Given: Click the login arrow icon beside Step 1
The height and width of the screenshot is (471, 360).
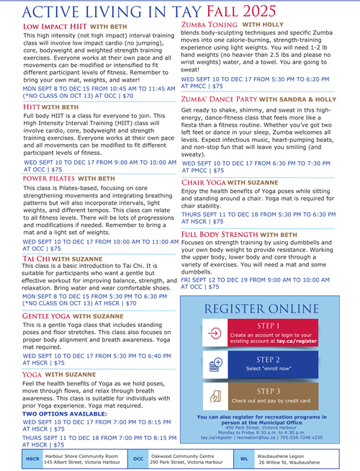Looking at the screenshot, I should [x=214, y=334].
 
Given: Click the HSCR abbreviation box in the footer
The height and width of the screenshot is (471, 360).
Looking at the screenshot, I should [x=32, y=459].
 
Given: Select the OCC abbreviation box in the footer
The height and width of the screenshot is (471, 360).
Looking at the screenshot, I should [x=138, y=459].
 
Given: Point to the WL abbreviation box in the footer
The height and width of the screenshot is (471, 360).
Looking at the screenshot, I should [x=244, y=459].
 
